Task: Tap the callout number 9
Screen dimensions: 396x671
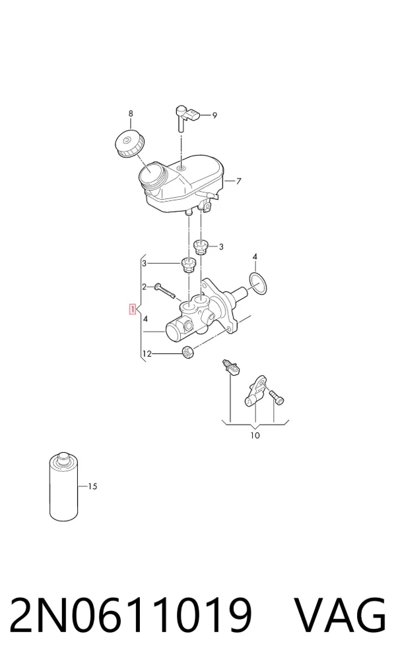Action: (x=214, y=115)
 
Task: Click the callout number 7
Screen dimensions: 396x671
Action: (x=239, y=181)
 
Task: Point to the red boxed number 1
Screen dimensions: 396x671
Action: (x=133, y=308)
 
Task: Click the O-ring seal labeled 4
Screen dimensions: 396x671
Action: (x=257, y=283)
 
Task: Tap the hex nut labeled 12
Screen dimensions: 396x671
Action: (x=188, y=352)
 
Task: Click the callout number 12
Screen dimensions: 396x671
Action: (x=147, y=354)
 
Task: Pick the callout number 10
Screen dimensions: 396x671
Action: (x=255, y=436)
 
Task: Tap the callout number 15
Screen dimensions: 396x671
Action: (x=92, y=486)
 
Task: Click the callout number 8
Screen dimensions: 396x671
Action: (x=131, y=113)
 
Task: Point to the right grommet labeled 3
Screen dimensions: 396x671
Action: (x=201, y=247)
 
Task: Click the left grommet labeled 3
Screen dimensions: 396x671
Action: (x=187, y=265)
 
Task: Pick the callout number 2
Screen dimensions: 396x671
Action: (x=145, y=287)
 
